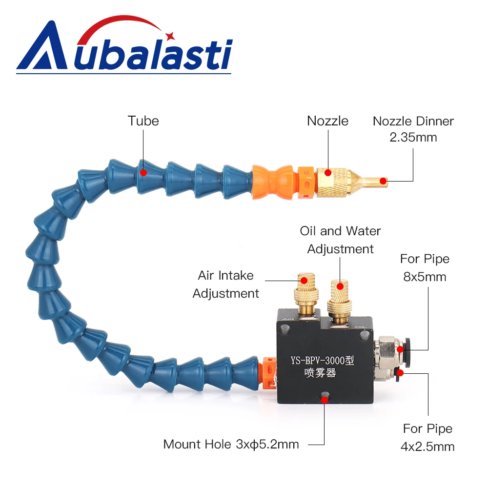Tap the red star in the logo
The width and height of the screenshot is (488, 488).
click(x=170, y=35)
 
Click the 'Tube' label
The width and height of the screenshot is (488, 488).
click(x=143, y=121)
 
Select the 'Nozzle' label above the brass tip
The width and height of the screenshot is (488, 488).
click(x=328, y=121)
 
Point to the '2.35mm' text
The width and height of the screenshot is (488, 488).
click(x=413, y=137)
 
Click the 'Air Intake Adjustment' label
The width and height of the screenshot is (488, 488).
click(x=225, y=284)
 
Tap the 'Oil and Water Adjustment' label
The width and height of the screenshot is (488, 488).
click(x=340, y=240)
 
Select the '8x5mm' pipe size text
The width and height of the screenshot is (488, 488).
click(x=425, y=277)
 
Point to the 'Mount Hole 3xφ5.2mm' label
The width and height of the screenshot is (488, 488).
click(x=231, y=444)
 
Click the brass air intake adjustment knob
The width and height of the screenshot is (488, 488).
click(x=305, y=292)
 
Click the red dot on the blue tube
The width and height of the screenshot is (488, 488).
click(x=143, y=172)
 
